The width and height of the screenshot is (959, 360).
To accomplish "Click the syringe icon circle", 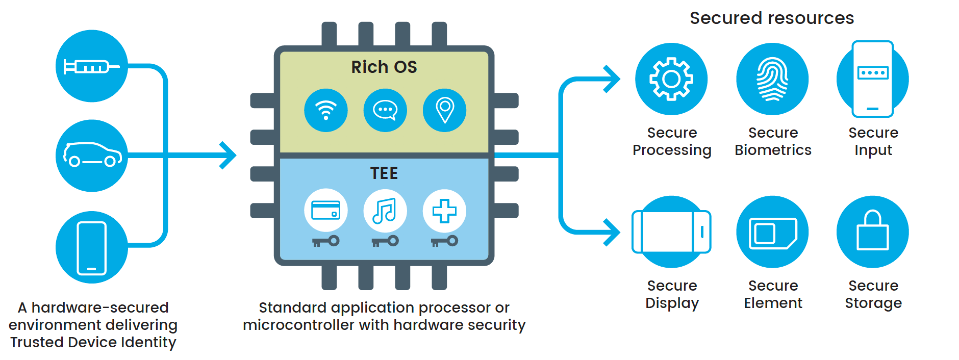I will pyautogui.click(x=91, y=66).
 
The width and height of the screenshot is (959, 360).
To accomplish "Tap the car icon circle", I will pyautogui.click(x=91, y=156).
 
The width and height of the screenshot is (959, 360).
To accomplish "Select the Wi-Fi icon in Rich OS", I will pyautogui.click(x=325, y=110).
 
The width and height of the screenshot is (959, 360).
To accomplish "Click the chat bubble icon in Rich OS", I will pyautogui.click(x=385, y=110).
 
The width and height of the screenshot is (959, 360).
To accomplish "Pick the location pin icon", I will pyautogui.click(x=444, y=110).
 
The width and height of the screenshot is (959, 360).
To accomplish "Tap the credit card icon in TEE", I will pyautogui.click(x=325, y=211).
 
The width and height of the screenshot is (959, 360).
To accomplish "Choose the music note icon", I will pyautogui.click(x=385, y=211).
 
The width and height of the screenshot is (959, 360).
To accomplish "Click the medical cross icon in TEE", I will pyautogui.click(x=444, y=211).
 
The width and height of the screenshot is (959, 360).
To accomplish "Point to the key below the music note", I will pyautogui.click(x=385, y=241).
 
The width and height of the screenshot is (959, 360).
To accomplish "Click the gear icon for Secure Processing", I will pyautogui.click(x=671, y=79).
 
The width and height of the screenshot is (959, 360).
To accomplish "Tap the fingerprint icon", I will pyautogui.click(x=772, y=79).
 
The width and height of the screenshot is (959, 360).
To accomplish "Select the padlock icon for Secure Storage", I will pyautogui.click(x=873, y=232).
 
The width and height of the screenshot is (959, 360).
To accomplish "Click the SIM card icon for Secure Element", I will pyautogui.click(x=772, y=233).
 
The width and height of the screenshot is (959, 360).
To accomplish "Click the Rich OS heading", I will pyautogui.click(x=384, y=67).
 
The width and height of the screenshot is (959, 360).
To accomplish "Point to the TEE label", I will pyautogui.click(x=384, y=173).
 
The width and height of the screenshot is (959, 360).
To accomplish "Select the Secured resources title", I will pyautogui.click(x=772, y=18).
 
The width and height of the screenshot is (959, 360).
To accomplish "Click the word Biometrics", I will pyautogui.click(x=773, y=150).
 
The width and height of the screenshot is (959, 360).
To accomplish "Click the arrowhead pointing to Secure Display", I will pyautogui.click(x=612, y=233).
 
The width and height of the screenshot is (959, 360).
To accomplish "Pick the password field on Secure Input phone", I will pyautogui.click(x=873, y=72).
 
